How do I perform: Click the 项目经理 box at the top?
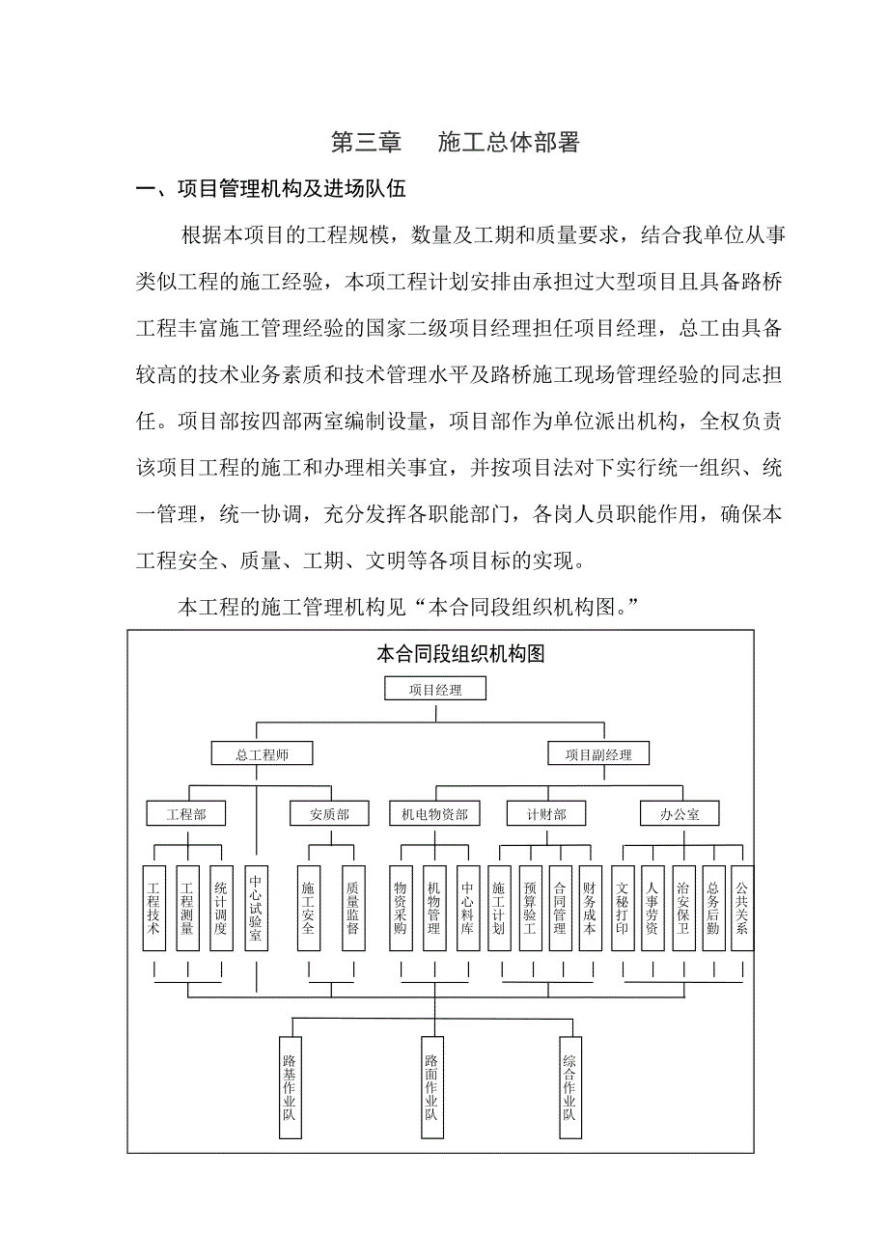coord(434,689)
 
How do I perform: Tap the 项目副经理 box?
coord(598,754)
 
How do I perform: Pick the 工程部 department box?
coord(186,814)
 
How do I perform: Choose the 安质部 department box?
coord(330,814)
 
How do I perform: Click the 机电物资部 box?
coord(434,814)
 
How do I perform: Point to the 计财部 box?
coord(546,814)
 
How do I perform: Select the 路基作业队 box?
coord(289,1086)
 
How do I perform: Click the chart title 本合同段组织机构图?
coord(460,654)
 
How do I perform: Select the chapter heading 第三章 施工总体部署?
coord(455,143)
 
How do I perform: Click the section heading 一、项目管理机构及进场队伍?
coord(271,189)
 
